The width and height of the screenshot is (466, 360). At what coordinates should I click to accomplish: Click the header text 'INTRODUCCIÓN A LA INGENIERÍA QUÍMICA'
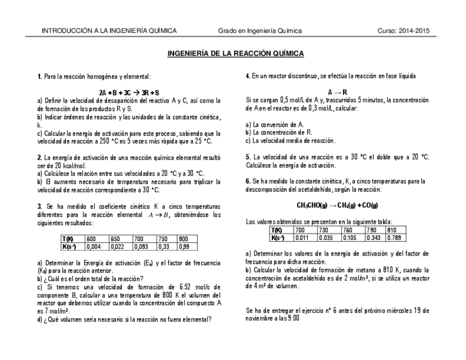tap(109, 31)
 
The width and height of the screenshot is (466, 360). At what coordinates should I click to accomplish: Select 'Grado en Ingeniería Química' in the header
tap(260, 31)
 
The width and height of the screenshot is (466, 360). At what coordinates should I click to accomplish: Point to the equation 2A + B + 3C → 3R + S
tap(129, 93)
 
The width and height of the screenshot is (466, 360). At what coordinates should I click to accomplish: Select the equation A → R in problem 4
tap(337, 92)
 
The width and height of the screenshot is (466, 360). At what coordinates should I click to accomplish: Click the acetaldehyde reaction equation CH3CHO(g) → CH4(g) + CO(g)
tap(337, 206)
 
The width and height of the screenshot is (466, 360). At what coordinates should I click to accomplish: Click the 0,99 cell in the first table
tap(185, 247)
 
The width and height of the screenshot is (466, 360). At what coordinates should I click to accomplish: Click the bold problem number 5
tap(248, 157)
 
